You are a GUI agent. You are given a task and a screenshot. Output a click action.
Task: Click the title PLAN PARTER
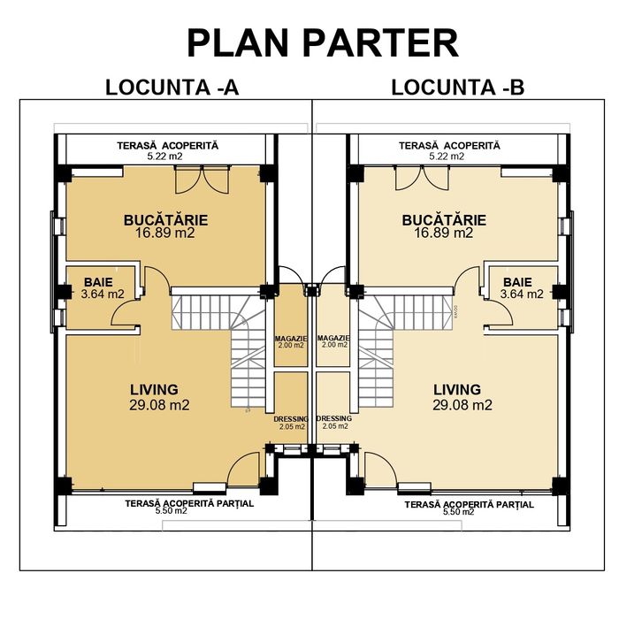[x=322, y=42]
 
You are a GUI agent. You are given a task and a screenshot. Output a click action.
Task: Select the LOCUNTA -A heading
[x=172, y=88]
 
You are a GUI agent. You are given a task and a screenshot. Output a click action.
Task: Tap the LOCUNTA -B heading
[x=457, y=88]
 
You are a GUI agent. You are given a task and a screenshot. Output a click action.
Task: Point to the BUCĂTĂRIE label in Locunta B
[x=443, y=220]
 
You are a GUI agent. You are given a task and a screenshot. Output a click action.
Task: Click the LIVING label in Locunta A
[x=154, y=389]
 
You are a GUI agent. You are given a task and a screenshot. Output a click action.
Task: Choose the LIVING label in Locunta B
[x=457, y=389]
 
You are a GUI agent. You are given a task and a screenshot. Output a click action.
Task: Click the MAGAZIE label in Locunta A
[x=291, y=339]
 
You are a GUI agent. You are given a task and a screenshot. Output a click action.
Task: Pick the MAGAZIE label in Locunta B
[x=334, y=339]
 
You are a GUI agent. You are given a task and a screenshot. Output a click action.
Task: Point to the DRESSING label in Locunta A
[x=291, y=418]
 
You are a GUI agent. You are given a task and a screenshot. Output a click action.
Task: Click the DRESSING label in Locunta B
[x=333, y=418]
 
